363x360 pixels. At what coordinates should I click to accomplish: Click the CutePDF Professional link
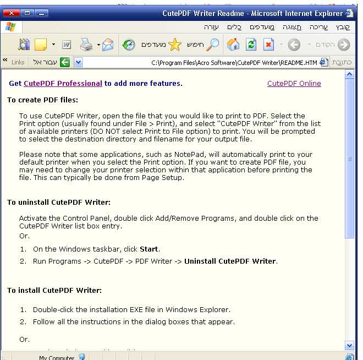tap(63, 84)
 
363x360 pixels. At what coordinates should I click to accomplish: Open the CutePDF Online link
tap(294, 84)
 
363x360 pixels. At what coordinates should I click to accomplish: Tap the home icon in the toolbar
tap(233, 45)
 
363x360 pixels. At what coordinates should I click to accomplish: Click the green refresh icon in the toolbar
tap(251, 45)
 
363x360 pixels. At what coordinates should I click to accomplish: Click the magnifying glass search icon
tap(213, 45)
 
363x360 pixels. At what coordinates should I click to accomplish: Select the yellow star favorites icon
tap(174, 45)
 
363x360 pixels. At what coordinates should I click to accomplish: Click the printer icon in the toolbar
tap(86, 45)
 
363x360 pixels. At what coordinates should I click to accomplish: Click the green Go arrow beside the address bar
tap(65, 62)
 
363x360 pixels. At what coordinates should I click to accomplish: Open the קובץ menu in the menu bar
tap(342, 27)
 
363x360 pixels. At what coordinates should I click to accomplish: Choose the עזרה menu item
tap(211, 27)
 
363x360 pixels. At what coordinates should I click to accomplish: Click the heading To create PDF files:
tap(42, 100)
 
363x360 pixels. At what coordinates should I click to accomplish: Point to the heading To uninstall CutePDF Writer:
tap(59, 203)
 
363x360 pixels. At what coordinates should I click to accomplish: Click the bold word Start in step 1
tap(150, 249)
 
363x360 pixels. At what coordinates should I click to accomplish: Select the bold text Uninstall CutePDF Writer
tap(230, 261)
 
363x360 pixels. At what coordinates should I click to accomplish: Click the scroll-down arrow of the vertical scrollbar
tap(349, 345)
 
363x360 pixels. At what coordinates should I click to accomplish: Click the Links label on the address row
tap(18, 62)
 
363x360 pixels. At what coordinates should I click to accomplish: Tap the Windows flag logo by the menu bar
tap(10, 27)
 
